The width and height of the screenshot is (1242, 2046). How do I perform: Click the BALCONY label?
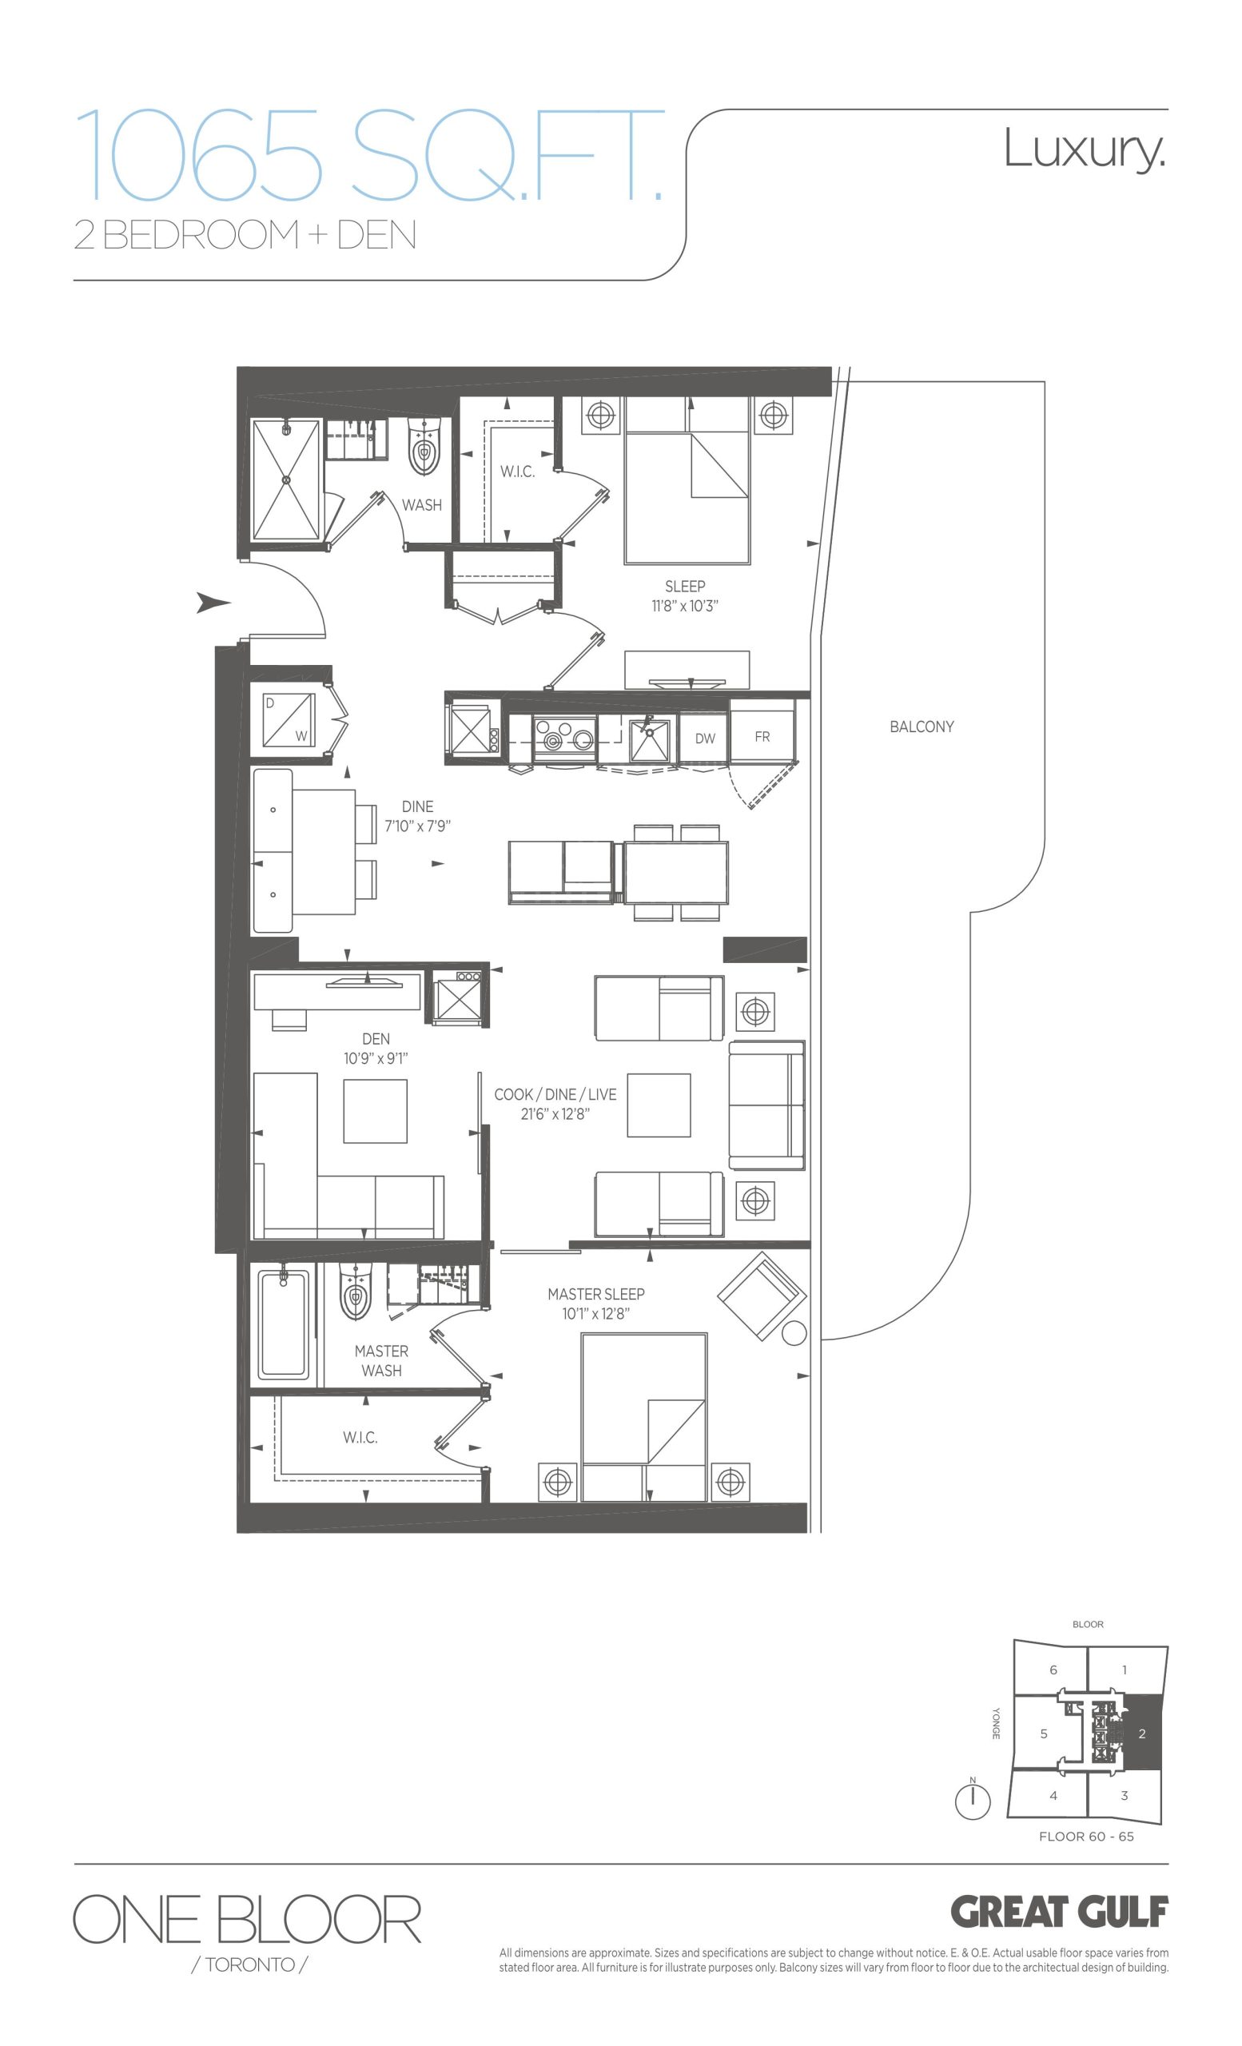[x=922, y=726]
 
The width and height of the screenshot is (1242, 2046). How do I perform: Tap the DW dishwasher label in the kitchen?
[x=705, y=738]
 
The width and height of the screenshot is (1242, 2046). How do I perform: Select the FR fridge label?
[x=762, y=737]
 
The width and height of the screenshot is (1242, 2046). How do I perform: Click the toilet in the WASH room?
[x=424, y=447]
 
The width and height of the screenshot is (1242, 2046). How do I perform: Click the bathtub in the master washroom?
[x=284, y=1325]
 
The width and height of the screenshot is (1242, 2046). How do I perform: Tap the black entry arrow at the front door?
[x=213, y=603]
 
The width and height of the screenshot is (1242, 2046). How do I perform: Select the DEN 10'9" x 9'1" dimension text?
[x=376, y=1059]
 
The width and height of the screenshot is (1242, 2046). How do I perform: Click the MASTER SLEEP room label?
[x=596, y=1294]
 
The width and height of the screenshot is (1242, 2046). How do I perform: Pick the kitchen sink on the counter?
[x=650, y=740]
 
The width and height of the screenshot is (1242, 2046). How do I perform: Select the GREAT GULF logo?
[x=1059, y=1913]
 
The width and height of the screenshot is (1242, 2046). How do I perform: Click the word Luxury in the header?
[x=1085, y=149]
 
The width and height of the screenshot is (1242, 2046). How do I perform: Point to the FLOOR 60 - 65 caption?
[x=1086, y=1836]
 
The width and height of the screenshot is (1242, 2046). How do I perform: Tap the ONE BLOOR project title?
[x=248, y=1919]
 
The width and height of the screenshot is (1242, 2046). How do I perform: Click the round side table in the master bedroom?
[x=794, y=1334]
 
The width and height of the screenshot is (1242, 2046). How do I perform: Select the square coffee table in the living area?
[x=659, y=1105]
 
